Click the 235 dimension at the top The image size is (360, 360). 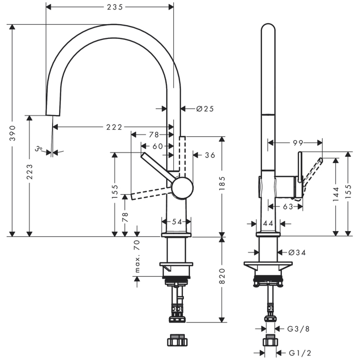(115, 7)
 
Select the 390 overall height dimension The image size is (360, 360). (12, 133)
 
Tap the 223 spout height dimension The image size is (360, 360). (30, 171)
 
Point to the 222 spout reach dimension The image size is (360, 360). (114, 127)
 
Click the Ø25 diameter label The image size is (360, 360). (205, 109)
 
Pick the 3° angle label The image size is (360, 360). (39, 149)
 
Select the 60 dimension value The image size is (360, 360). (158, 146)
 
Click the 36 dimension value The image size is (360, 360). (210, 155)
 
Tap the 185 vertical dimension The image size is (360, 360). (222, 183)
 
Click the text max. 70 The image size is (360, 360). (137, 257)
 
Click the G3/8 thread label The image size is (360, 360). (298, 329)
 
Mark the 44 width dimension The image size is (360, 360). (268, 224)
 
